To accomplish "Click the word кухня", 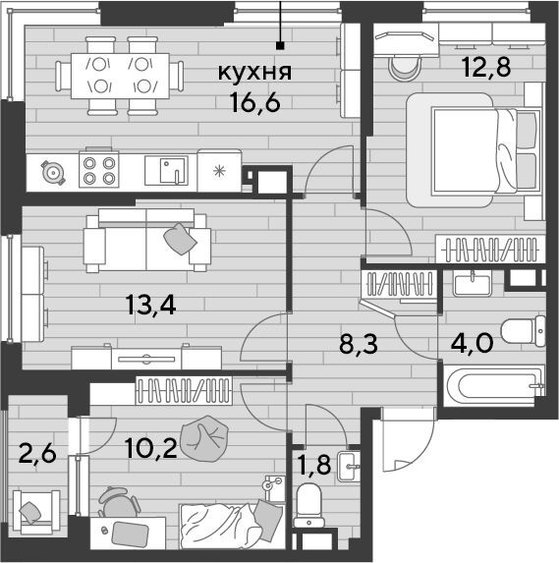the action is coord(255,73).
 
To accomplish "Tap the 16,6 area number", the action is coord(255,102).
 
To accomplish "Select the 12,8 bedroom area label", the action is coord(486,67).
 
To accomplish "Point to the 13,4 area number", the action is coord(150,306).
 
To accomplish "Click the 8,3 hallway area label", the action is coord(359,344).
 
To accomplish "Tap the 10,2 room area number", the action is coord(151,448).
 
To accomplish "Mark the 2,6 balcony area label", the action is coord(37,454).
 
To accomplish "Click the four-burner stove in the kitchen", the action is coord(99,169).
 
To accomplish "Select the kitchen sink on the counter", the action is coord(166,170).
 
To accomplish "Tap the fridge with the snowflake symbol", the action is coord(219,171).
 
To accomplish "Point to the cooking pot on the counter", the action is coord(53,173).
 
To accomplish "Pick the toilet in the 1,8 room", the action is coord(308,504).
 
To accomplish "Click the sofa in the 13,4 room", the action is coord(146,241).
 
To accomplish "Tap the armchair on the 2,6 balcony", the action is coord(36,512).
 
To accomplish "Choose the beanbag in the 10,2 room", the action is coord(204,439).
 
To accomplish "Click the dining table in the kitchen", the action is coord(120,76).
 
